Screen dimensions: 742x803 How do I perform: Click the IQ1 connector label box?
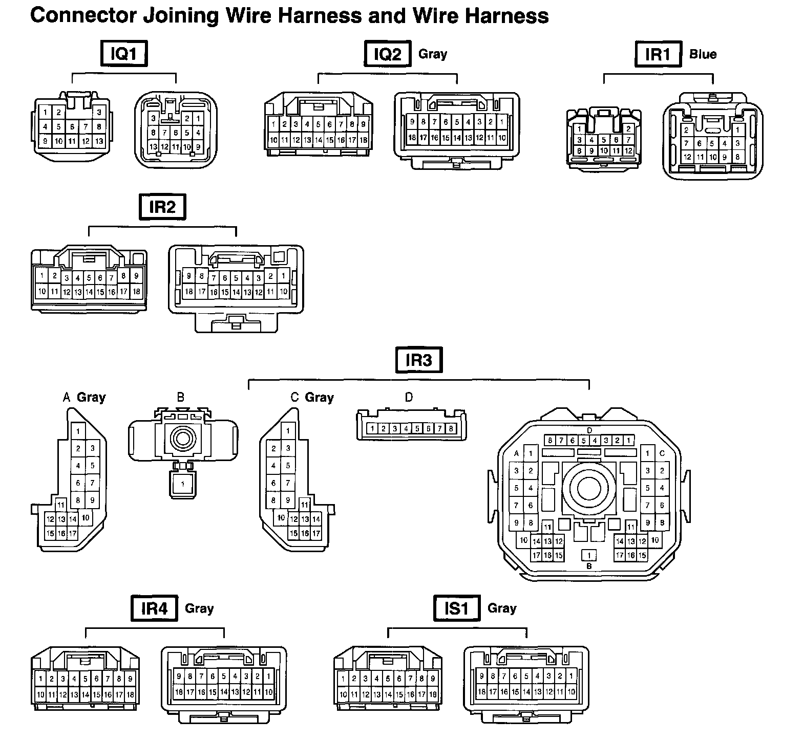pos(123,54)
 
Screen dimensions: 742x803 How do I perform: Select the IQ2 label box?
pos(388,54)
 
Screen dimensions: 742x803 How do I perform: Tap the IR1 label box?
pos(658,54)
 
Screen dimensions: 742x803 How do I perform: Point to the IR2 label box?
pos(162,207)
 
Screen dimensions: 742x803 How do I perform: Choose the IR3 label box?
pos(419,360)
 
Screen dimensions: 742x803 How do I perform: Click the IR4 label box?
pos(154,608)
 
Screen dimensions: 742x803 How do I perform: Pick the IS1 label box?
pos(457,608)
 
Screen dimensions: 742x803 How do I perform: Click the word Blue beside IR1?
pos(703,54)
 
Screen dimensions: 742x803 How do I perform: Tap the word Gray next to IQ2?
pos(433,54)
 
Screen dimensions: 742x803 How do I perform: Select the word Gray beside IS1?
pos(502,608)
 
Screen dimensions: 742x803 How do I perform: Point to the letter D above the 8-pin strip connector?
pos(409,397)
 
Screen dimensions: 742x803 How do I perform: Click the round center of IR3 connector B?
pos(182,438)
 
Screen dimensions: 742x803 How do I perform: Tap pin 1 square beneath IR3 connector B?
pos(182,484)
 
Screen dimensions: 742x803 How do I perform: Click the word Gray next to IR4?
pos(199,608)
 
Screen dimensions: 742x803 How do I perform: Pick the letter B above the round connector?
pos(180,397)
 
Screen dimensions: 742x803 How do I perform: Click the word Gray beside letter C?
pos(319,398)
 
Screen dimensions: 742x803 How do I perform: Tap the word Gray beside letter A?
pos(91,397)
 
